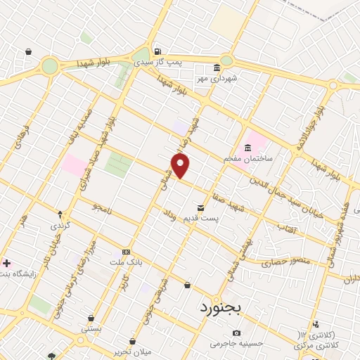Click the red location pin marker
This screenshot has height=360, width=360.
(x=181, y=165)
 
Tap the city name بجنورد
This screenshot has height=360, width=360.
(x=220, y=307)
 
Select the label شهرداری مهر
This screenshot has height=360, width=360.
(x=217, y=78)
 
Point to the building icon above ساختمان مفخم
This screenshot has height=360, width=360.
(x=247, y=148)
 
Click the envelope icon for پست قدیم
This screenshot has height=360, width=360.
(x=201, y=208)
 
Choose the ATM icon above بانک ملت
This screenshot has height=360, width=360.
(x=126, y=251)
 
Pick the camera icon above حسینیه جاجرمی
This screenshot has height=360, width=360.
(x=236, y=333)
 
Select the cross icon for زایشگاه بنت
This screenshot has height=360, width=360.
(x=7, y=263)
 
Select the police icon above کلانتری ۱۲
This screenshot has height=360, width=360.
(x=316, y=323)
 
